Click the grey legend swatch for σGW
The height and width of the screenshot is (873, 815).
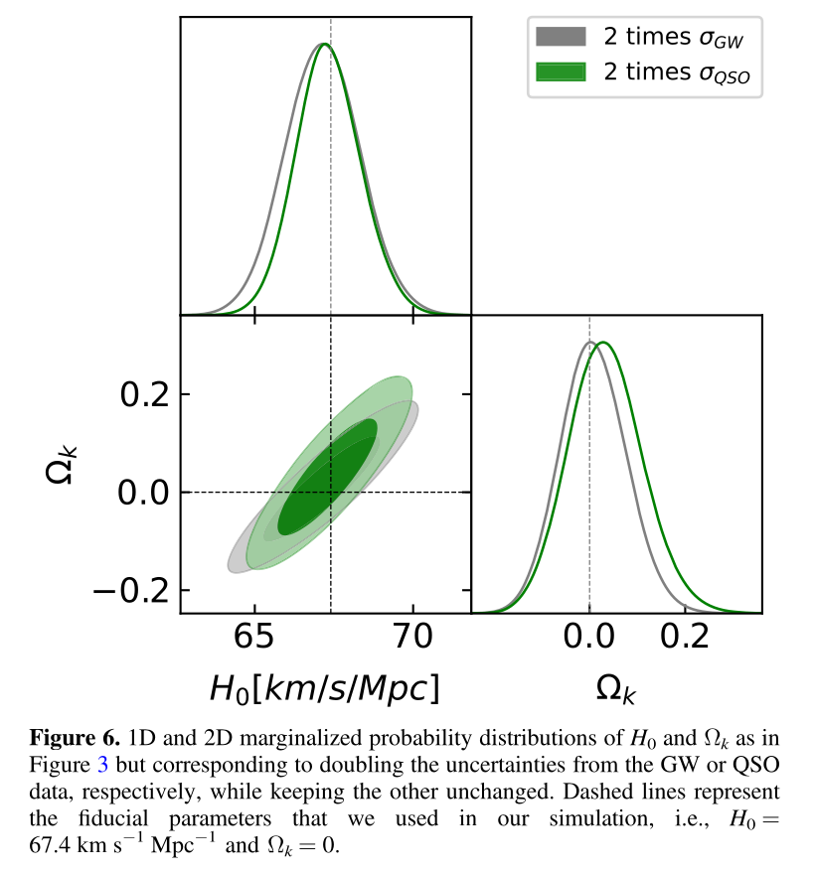coord(561,38)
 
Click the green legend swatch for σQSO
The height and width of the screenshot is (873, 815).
coord(561,73)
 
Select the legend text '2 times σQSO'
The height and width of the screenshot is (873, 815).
coord(676,73)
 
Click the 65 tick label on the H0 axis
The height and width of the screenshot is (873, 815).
coord(255,638)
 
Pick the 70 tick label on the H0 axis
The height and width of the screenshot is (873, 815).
coord(411,638)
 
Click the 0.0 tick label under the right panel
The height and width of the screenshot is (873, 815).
coord(589,638)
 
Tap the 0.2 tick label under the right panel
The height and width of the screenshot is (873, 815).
coord(686,638)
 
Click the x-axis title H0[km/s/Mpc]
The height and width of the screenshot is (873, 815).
coord(324,687)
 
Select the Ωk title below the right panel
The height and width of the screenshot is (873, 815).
coord(615,688)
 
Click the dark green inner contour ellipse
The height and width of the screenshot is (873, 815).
coord(328,477)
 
